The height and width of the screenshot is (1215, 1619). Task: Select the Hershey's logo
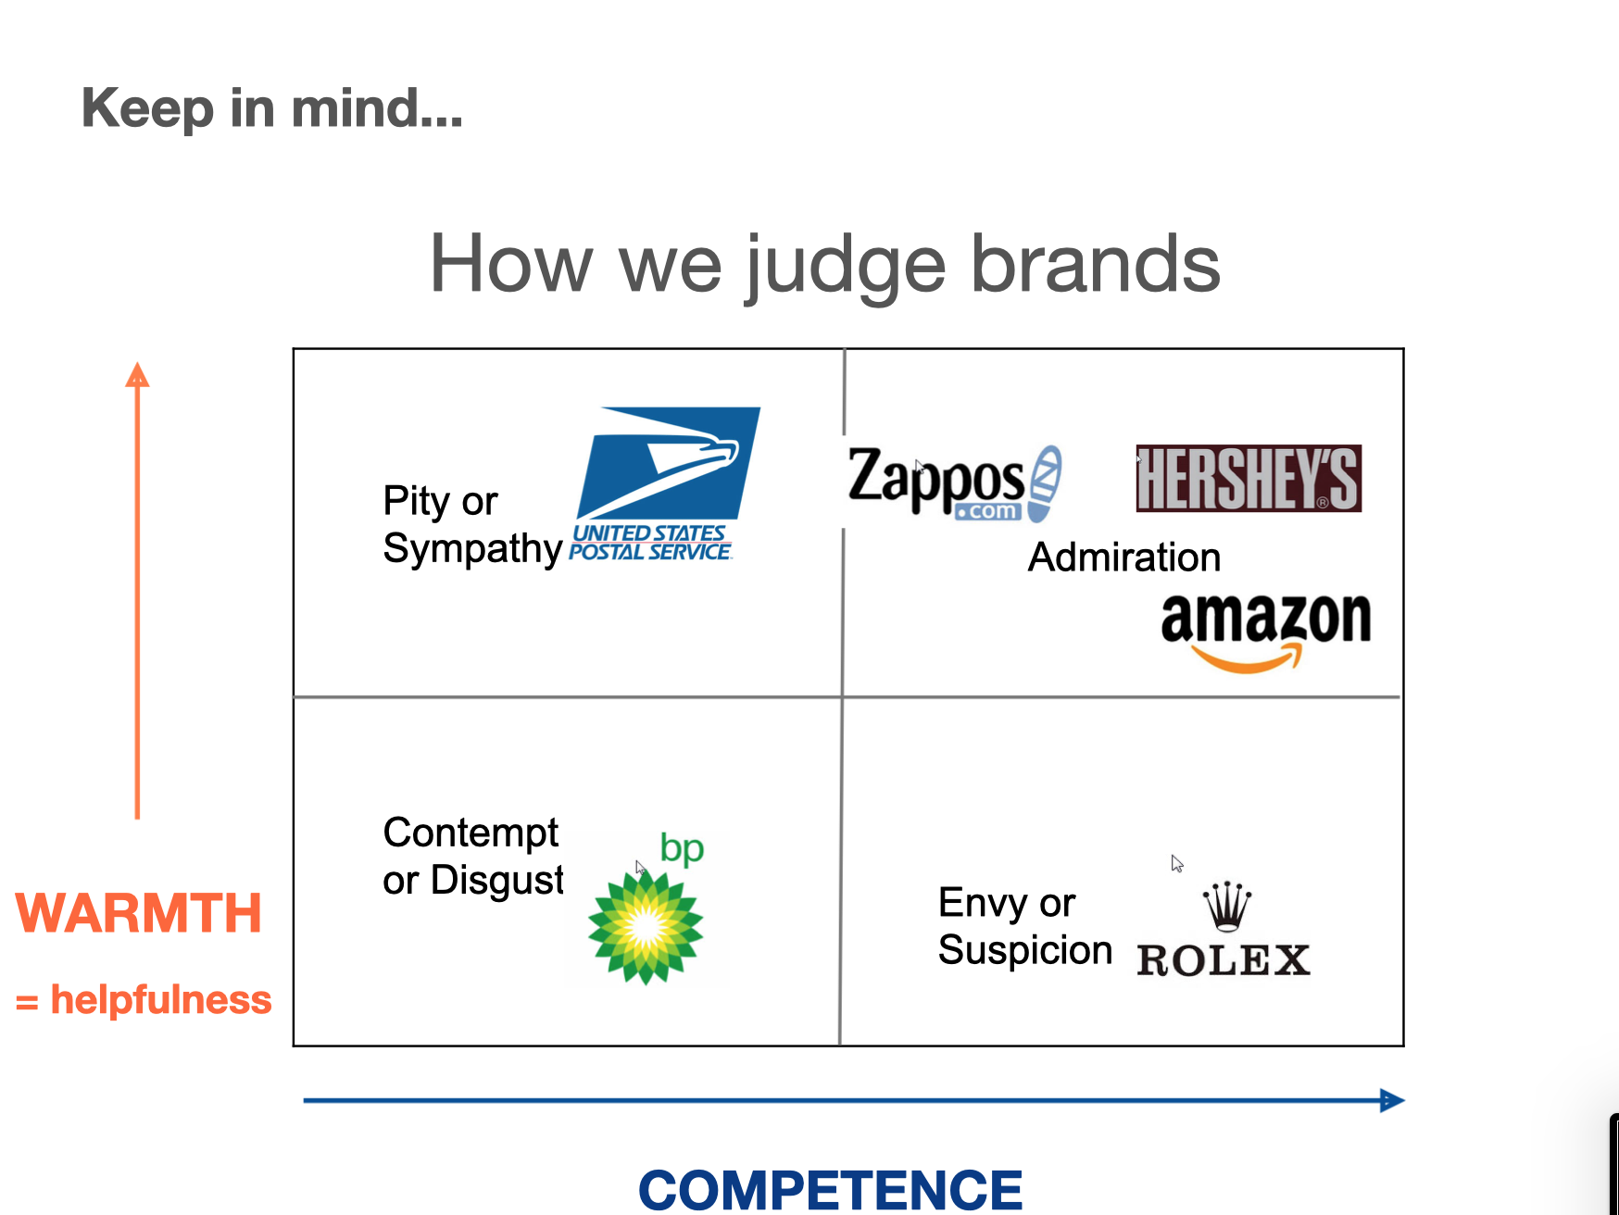pos(1249,479)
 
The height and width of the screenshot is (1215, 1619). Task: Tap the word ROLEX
pos(1223,960)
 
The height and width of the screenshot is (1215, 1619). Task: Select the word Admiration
pos(1124,557)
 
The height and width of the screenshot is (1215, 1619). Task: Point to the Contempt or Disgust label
pos(472,856)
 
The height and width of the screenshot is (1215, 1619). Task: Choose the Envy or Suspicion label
pos(1024,926)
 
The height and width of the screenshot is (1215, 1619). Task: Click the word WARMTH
pos(139,913)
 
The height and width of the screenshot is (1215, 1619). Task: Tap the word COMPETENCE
pos(830,1189)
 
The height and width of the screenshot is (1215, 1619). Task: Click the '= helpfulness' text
pos(144,1000)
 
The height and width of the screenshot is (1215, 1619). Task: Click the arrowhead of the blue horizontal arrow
pos(1393,1100)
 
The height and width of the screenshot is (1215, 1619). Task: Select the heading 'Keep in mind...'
pos(272,108)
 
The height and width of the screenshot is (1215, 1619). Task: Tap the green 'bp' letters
pos(682,849)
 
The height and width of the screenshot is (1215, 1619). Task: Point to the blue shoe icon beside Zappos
pos(1045,482)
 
